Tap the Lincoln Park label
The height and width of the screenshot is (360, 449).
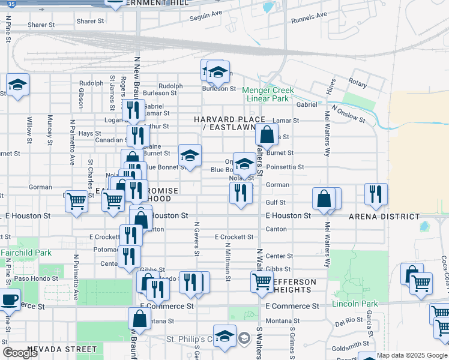click(x=353, y=304)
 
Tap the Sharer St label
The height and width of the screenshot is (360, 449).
click(x=91, y=21)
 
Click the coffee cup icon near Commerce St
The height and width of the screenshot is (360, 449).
click(x=9, y=299)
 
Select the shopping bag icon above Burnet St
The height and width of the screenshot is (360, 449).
click(x=267, y=134)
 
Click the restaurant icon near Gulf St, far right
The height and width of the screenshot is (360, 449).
click(x=376, y=193)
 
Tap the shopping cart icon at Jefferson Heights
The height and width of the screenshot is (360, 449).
click(x=262, y=281)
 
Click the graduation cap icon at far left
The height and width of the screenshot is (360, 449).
click(x=18, y=85)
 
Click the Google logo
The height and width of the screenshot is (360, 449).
click(x=20, y=353)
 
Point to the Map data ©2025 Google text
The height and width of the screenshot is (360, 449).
click(x=412, y=355)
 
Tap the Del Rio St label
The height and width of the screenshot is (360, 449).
click(x=349, y=322)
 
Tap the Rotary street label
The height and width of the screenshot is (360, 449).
click(x=357, y=84)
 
